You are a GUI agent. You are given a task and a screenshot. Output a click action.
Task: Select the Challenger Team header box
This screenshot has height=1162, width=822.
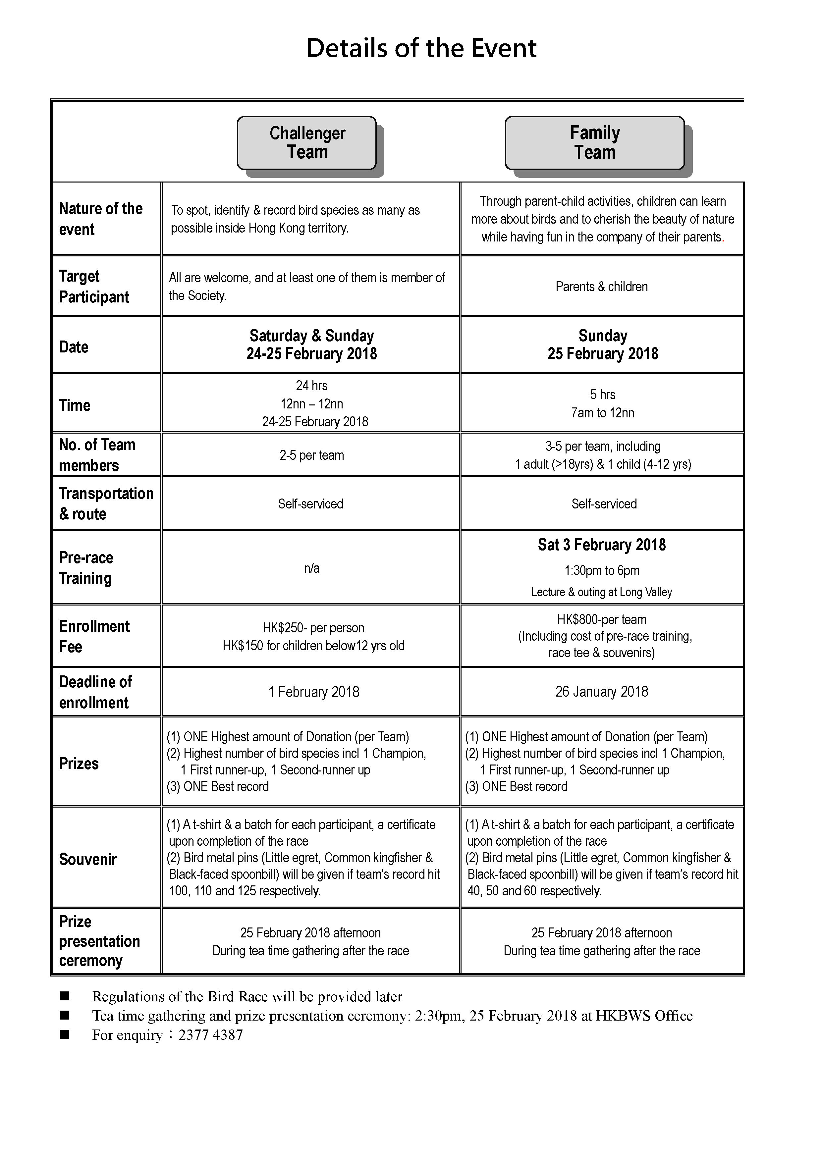point(307,143)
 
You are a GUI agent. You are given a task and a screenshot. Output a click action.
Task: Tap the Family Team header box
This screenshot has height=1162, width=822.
point(594,143)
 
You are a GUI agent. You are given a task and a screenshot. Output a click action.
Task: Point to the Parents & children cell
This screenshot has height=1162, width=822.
point(601,287)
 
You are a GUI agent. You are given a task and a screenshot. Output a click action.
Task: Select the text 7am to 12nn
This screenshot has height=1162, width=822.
point(602,413)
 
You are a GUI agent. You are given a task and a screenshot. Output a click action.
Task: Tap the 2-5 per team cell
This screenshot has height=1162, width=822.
point(311,455)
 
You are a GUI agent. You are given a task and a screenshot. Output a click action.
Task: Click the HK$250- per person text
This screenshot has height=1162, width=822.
point(313,628)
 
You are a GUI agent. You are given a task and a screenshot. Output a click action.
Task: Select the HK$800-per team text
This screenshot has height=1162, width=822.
point(602,619)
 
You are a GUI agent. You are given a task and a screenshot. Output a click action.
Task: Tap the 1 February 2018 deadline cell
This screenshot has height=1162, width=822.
point(313,692)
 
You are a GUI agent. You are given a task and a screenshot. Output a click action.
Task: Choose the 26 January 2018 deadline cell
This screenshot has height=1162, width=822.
point(601,692)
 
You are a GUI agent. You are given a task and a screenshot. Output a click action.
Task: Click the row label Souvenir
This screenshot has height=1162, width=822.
point(88,859)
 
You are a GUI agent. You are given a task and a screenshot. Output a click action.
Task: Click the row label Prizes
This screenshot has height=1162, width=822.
point(79,764)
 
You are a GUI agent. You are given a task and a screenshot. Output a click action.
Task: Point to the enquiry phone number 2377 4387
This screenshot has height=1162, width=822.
point(211,1035)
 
